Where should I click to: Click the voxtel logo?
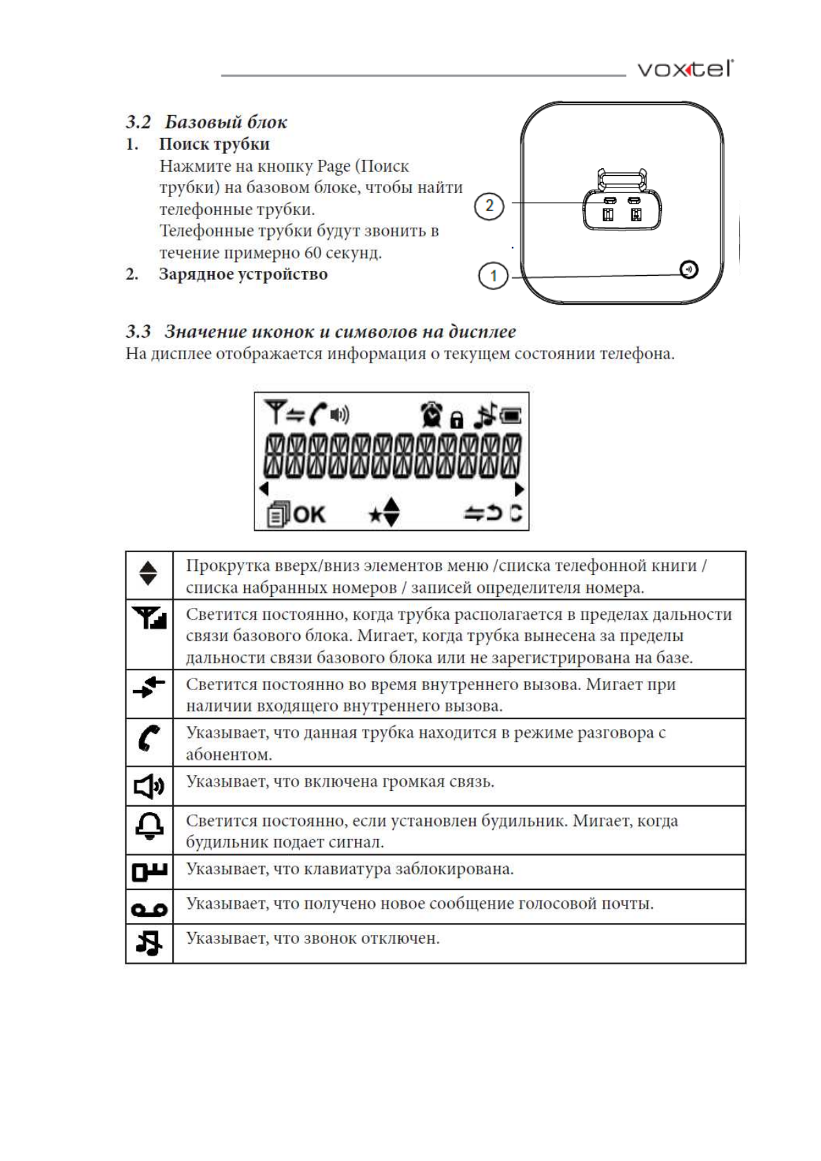[x=685, y=69]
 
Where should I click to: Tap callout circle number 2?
[x=489, y=205]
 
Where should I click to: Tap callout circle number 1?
[x=493, y=276]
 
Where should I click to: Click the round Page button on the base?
[x=689, y=270]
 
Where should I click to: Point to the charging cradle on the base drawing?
[x=622, y=203]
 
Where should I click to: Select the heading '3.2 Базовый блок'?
[x=206, y=122]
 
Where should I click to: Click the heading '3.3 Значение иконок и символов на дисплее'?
[x=321, y=332]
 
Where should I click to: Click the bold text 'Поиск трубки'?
[x=214, y=144]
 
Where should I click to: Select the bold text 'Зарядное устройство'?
[x=243, y=274]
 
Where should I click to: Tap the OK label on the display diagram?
[x=309, y=514]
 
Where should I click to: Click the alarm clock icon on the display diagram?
[x=432, y=414]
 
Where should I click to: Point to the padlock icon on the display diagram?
[x=456, y=418]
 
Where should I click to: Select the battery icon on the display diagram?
[x=511, y=416]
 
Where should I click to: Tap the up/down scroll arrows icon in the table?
[x=148, y=573]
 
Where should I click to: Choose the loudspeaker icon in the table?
[x=148, y=786]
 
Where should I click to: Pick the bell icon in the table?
[x=149, y=825]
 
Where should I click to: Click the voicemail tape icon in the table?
[x=149, y=910]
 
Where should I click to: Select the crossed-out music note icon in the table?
[x=149, y=942]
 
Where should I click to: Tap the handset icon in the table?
[x=148, y=738]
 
